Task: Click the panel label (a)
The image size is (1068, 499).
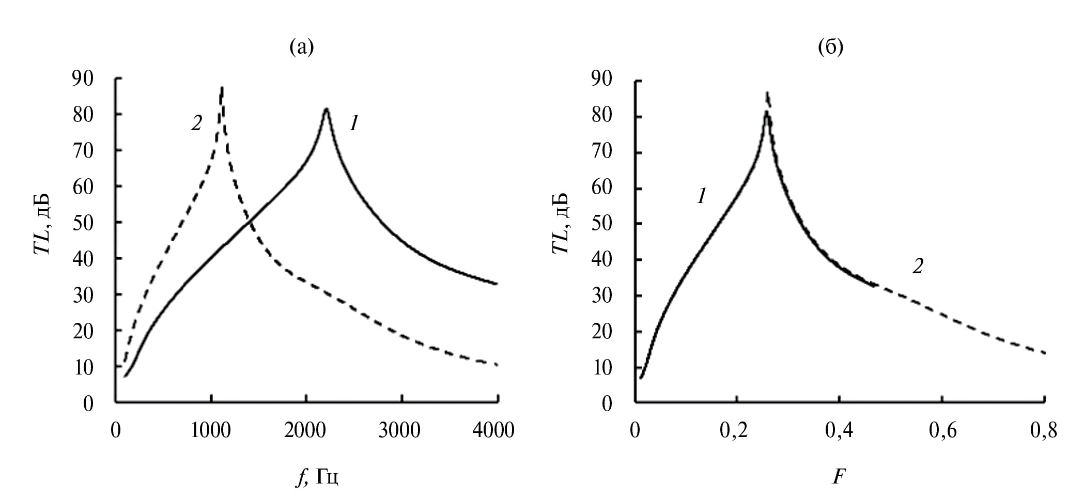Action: click(x=302, y=47)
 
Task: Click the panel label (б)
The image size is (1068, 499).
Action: click(x=831, y=47)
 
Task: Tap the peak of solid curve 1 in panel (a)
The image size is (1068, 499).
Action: click(x=326, y=110)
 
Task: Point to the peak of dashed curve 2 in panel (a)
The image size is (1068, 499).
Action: click(x=222, y=88)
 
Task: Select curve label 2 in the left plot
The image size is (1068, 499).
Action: click(x=196, y=123)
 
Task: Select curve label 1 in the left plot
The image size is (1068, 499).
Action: click(x=353, y=123)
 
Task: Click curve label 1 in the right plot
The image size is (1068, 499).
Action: click(x=701, y=196)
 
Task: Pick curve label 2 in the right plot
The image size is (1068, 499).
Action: click(x=917, y=267)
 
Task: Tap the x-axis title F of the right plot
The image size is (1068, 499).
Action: click(x=838, y=476)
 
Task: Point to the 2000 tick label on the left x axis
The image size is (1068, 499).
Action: click(x=306, y=430)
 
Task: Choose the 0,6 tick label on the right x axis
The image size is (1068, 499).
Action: click(x=942, y=431)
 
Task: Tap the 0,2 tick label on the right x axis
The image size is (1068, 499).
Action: click(x=737, y=431)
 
